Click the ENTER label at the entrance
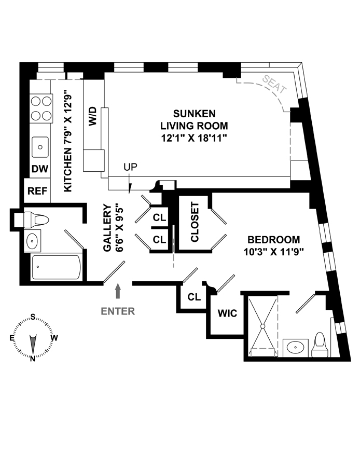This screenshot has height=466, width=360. point(118,311)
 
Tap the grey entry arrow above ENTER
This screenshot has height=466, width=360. point(118,291)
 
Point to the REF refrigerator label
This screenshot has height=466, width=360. point(37,191)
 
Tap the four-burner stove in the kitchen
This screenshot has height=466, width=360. point(41,108)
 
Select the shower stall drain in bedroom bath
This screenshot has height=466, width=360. point(262,326)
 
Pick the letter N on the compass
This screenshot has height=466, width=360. point(33,359)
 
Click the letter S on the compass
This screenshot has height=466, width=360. point(33,317)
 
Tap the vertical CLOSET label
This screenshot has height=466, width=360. point(195,222)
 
